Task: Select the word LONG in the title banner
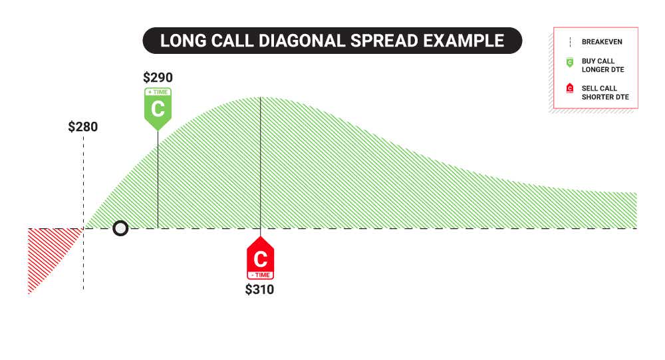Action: click(180, 41)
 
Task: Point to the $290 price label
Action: click(158, 77)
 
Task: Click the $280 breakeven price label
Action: click(83, 126)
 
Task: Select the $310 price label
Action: click(259, 289)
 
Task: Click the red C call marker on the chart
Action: click(260, 258)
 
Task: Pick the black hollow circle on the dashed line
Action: click(120, 228)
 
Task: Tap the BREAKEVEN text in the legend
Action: click(602, 42)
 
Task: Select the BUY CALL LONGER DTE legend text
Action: click(601, 65)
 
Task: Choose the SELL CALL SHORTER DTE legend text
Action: click(604, 92)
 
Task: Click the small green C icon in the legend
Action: click(569, 63)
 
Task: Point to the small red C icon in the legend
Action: click(569, 89)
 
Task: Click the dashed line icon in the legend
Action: click(569, 42)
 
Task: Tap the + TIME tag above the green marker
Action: click(158, 92)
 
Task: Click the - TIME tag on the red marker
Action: click(260, 274)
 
